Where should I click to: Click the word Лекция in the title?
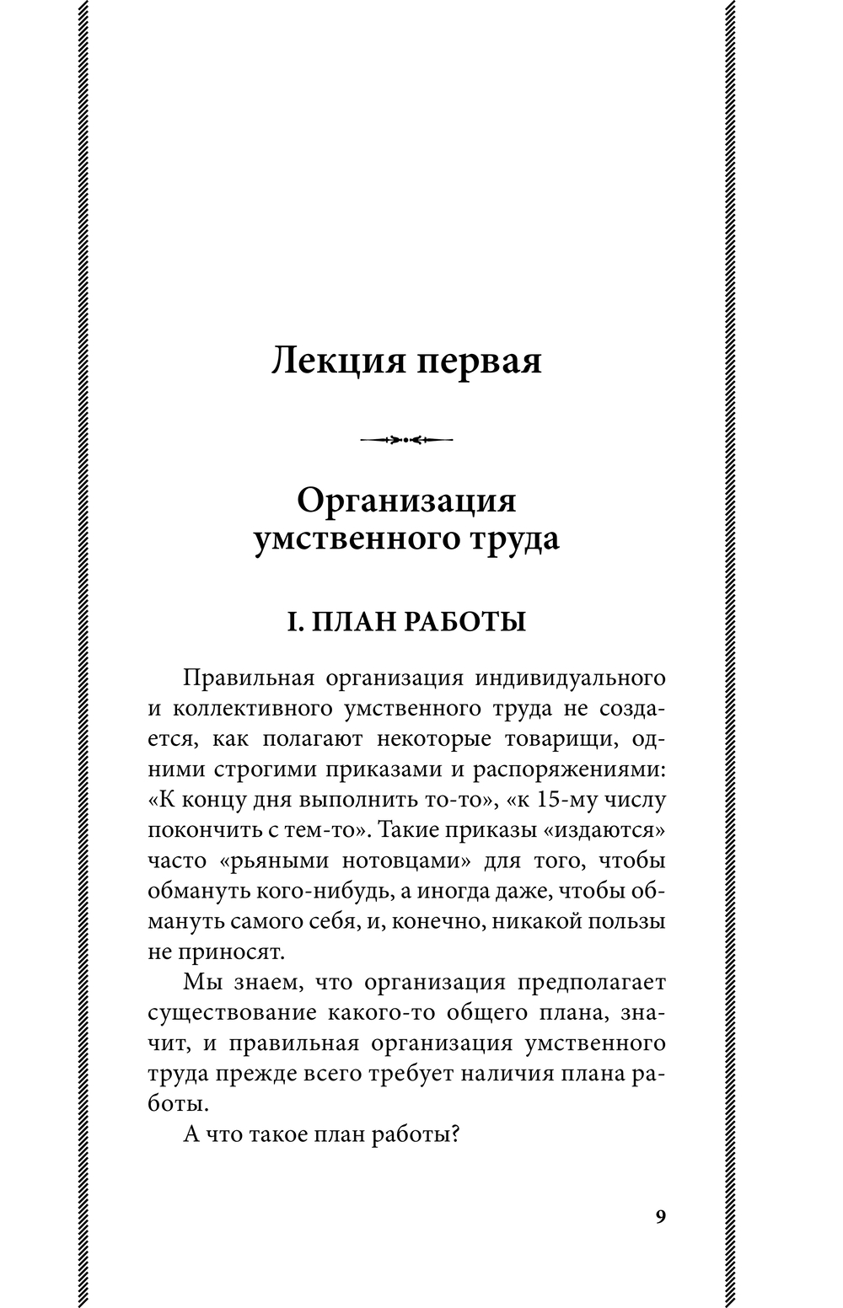[328, 362]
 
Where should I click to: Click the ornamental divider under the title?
[406, 439]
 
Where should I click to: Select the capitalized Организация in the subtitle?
[406, 501]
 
